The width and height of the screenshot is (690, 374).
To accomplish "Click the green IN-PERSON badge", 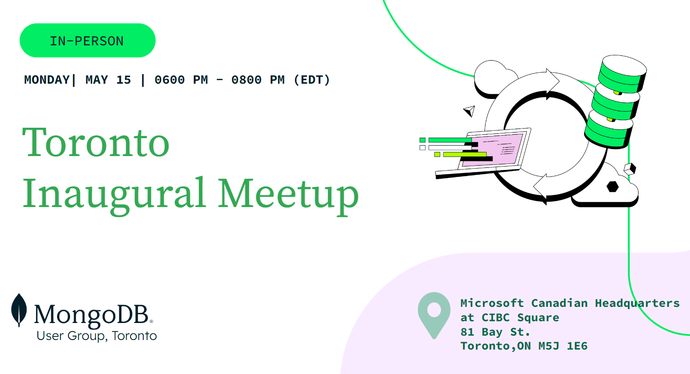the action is pos(88,41).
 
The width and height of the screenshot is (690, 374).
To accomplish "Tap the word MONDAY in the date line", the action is pos(47,80).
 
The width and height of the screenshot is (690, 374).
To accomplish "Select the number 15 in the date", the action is pos(124,80).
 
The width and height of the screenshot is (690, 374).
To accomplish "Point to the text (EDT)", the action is pos(312,80).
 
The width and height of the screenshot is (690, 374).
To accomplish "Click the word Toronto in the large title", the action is pos(96,143).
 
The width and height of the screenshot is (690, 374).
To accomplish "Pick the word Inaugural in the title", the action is pos(114,194).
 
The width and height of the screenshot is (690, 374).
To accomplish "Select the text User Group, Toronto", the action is pos(97,336).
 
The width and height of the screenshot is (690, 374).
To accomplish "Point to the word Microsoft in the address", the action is pos(492,303).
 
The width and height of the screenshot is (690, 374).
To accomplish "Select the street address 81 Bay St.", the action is pos(495,332).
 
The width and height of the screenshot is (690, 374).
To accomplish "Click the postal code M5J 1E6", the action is pos(563,346).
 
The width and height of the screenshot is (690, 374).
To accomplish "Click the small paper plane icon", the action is pos(469,111).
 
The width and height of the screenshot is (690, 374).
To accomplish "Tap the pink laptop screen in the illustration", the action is pos(493,150).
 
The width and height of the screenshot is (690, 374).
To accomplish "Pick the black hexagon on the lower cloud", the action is pos(613,187).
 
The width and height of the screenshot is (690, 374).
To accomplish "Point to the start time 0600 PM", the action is pos(181,80).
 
